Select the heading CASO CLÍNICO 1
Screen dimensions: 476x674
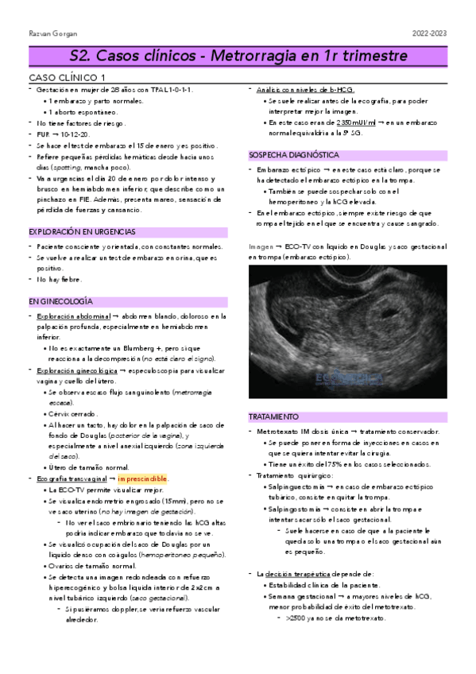tap(67, 77)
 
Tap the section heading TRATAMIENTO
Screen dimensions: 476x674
tap(274, 416)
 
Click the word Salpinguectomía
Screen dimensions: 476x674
tap(299, 486)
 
